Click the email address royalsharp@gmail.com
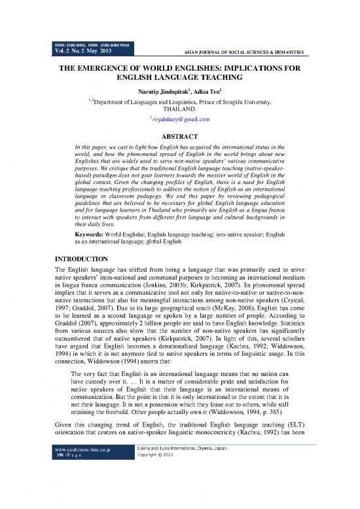tap(180, 120)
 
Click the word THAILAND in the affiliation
tap(179, 111)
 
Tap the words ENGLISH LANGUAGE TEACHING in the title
tap(180, 78)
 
